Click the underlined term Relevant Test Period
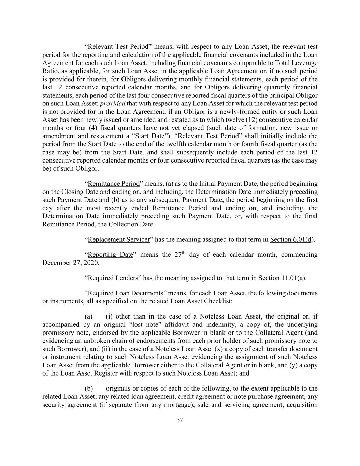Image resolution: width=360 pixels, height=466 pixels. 118,47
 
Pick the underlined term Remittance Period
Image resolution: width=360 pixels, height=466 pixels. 114,184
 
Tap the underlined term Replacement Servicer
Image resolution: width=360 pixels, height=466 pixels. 119,239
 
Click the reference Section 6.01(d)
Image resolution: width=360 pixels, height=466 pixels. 292,239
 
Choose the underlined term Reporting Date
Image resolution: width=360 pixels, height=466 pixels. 110,255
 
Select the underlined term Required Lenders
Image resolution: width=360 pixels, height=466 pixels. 113,278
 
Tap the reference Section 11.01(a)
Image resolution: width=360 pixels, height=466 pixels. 282,278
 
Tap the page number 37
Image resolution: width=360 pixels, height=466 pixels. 180,420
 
